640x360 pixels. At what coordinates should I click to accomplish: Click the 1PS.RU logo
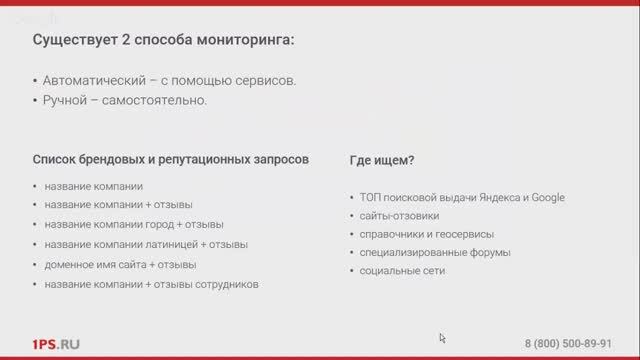(55, 344)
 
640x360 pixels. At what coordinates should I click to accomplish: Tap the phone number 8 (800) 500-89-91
(568, 344)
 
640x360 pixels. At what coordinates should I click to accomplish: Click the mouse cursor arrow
(442, 338)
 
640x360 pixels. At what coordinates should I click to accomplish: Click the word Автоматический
(86, 80)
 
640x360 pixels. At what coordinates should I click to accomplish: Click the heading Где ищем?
(382, 159)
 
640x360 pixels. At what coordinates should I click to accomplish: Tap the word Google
(547, 198)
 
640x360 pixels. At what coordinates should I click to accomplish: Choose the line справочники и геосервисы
(419, 235)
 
